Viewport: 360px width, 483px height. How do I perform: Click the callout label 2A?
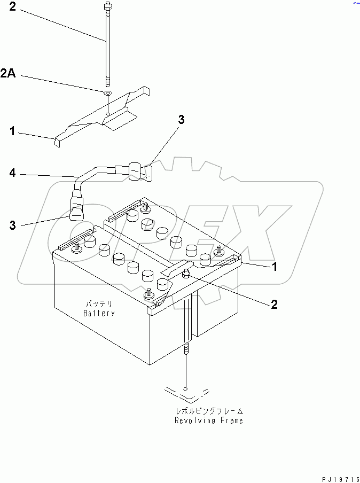tap(8, 74)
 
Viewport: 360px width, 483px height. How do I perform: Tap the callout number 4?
tap(12, 173)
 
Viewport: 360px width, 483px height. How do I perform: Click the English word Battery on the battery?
tap(99, 313)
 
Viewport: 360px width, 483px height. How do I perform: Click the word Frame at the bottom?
tap(230, 420)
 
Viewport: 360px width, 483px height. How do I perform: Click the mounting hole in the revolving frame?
tap(185, 388)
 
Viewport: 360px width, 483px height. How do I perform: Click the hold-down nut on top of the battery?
tap(186, 275)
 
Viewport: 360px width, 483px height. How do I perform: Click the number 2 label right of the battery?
tap(273, 305)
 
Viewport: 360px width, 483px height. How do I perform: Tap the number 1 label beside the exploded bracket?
tap(12, 130)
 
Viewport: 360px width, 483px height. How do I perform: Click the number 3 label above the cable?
tap(181, 121)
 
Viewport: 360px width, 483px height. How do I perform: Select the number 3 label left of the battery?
tap(13, 225)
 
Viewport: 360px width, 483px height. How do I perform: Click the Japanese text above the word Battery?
tap(99, 303)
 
